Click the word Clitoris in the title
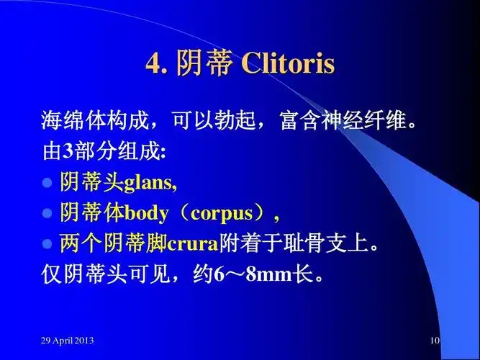(288, 63)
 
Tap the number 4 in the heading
(153, 64)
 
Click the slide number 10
(434, 340)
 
